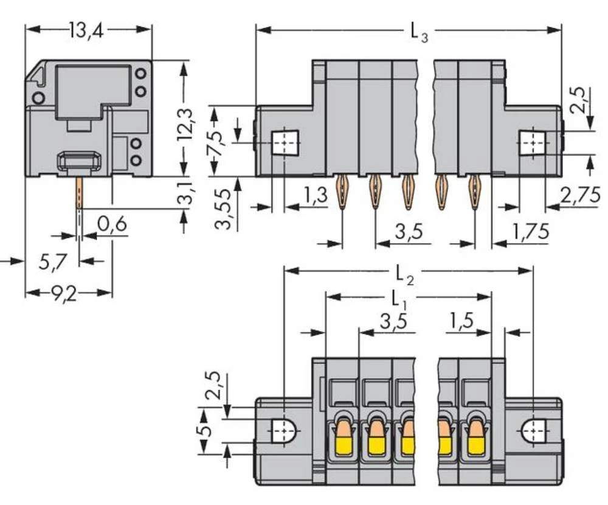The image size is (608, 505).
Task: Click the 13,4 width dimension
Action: [x=87, y=30]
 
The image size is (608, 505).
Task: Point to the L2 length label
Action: [x=405, y=276]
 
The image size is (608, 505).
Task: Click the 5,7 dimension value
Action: [x=53, y=262]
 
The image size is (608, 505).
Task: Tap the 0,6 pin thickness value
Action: [x=112, y=224]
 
